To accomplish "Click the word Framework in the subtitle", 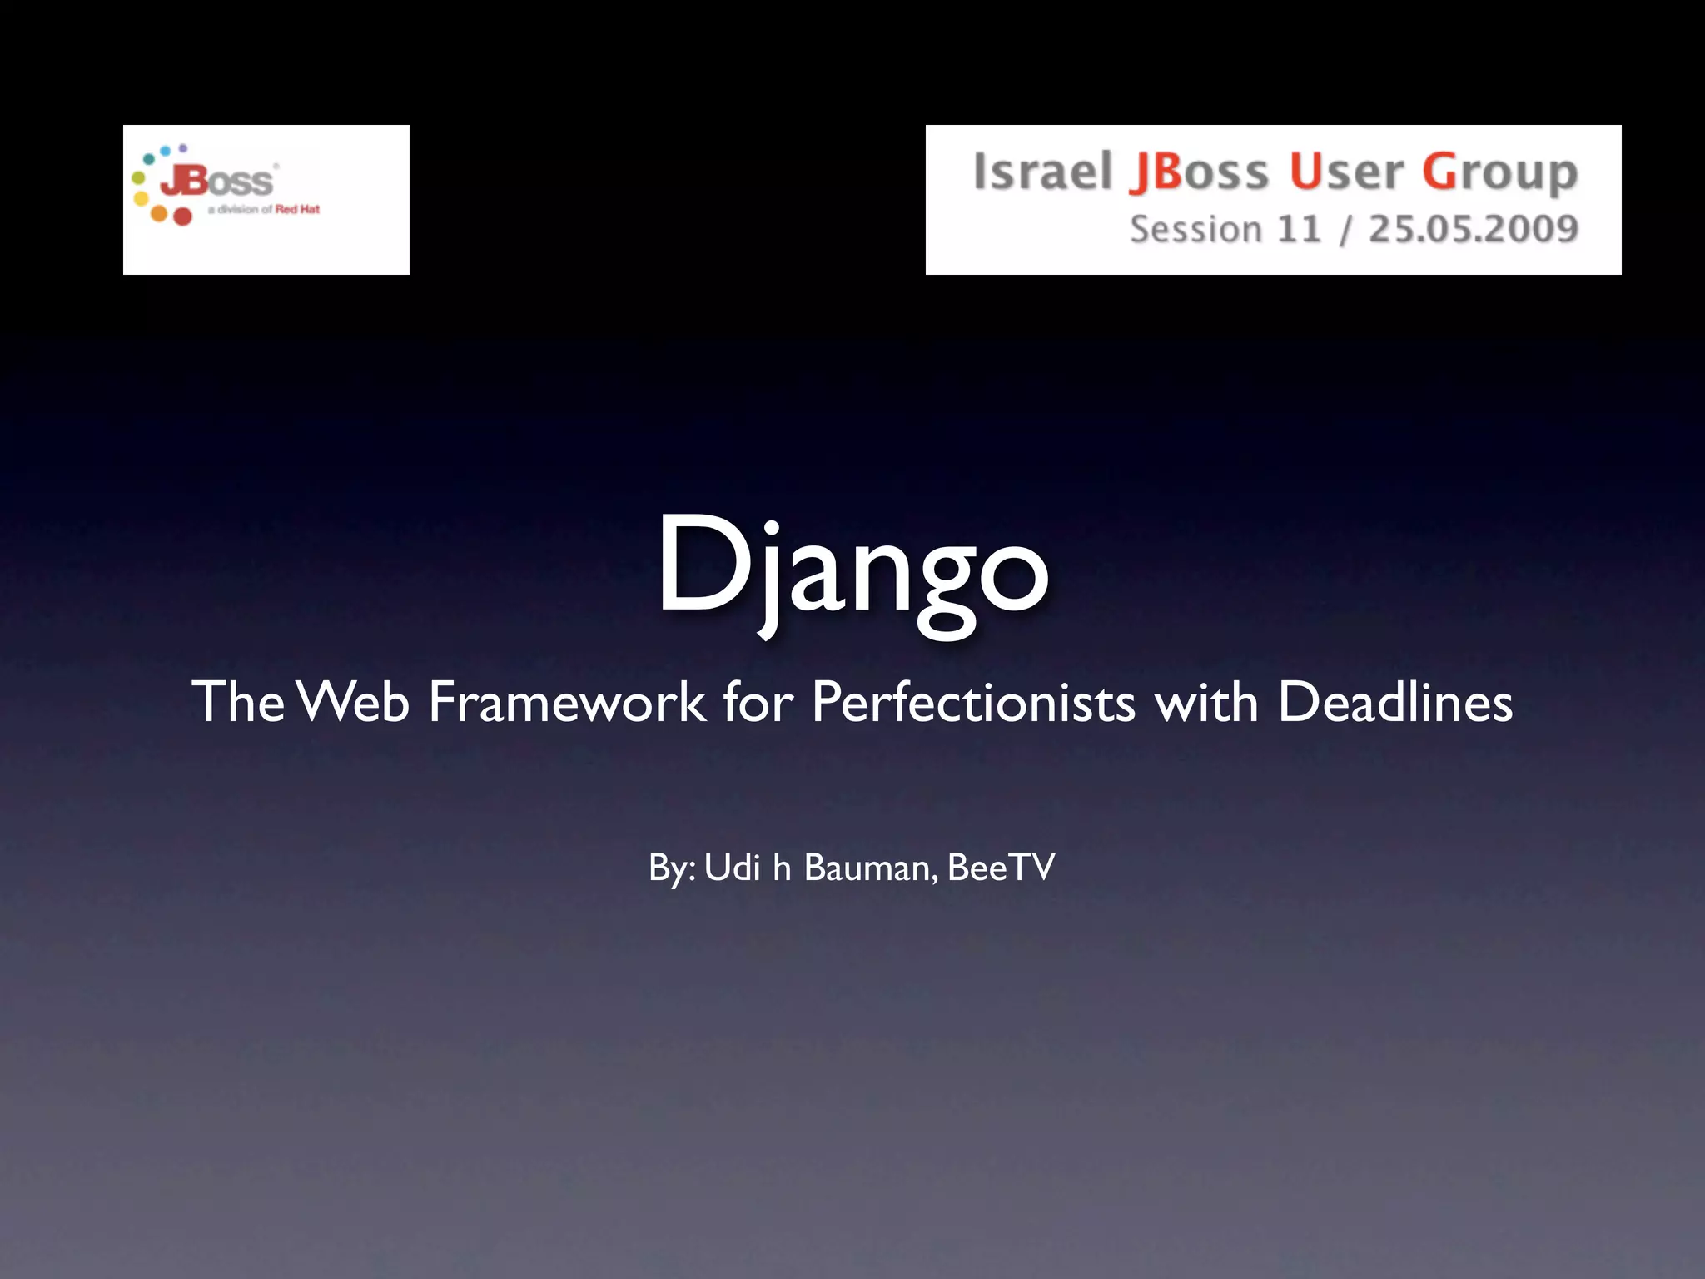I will tap(567, 702).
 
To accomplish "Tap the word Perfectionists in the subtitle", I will tap(972, 702).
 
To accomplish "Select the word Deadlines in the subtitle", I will tap(1394, 702).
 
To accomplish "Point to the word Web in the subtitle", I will tap(354, 702).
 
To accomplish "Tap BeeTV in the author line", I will tap(1001, 868).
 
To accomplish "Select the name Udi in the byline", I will tap(733, 868).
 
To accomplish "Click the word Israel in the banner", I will tap(1042, 172).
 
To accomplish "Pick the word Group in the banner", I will tap(1499, 173).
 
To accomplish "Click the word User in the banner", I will tap(1345, 172).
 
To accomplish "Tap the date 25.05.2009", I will tap(1473, 229).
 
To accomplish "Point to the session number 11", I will tap(1299, 229).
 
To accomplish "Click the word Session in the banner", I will tap(1195, 229).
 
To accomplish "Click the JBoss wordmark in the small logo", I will tap(216, 180).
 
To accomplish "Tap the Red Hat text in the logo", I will tap(297, 209).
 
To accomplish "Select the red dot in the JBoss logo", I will tap(182, 216).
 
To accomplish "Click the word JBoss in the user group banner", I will tap(1199, 172).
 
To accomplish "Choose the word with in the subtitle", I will tap(1205, 702).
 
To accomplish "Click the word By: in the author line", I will tap(671, 868).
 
